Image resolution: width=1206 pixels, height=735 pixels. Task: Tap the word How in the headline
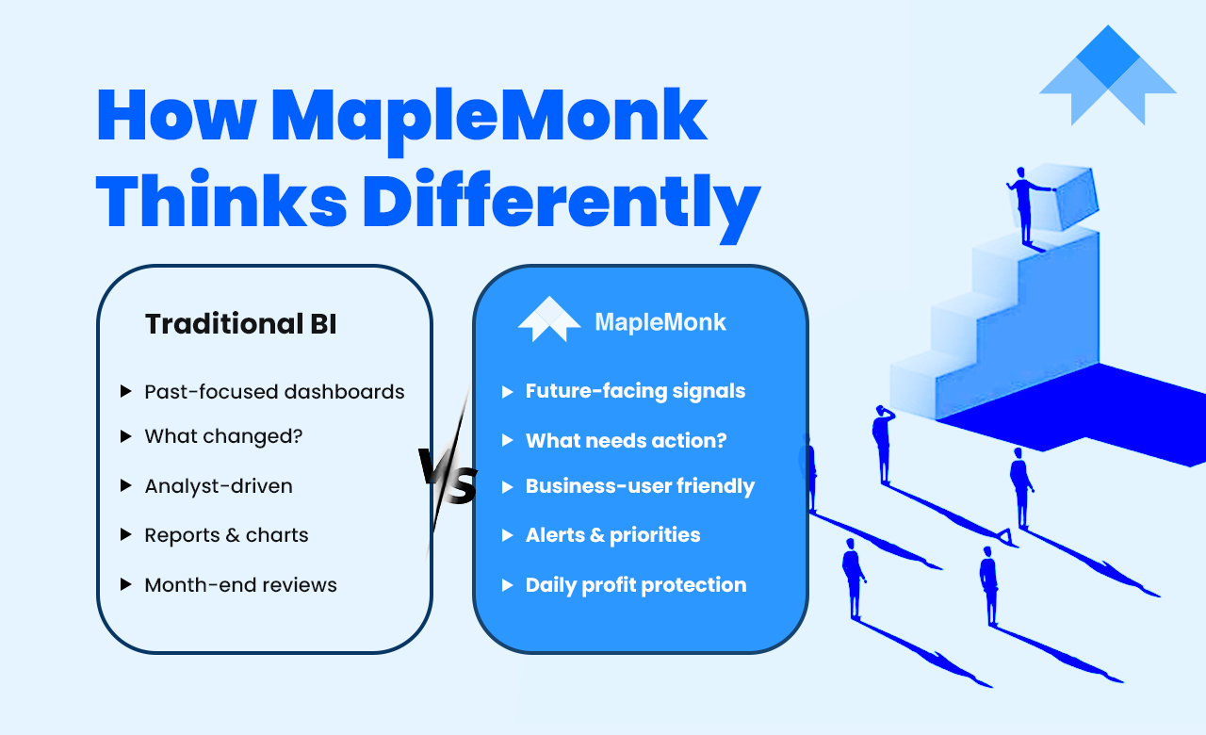point(176,116)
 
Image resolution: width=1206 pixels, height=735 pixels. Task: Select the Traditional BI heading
point(240,324)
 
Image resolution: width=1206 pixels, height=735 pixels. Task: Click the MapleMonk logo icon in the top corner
point(1108,74)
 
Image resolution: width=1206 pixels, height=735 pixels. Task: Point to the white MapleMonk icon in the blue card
point(549,319)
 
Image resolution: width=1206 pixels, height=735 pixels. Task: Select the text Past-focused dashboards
point(274,392)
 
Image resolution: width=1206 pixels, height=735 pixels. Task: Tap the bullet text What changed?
point(223,436)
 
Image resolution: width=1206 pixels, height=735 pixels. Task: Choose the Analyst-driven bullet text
point(219,486)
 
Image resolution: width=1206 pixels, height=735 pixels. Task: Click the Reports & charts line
point(227,535)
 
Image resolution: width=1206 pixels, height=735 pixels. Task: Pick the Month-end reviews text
point(240,585)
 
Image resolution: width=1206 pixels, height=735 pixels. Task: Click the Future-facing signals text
point(635,391)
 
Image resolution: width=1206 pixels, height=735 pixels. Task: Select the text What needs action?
point(627,441)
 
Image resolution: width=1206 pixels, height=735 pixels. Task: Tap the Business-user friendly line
point(640,486)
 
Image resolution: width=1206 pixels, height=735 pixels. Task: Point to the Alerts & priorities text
point(612,535)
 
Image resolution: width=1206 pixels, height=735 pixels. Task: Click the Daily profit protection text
point(636,585)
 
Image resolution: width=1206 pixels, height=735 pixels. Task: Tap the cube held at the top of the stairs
point(1068,197)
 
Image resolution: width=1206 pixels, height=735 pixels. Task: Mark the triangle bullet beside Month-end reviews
point(126,585)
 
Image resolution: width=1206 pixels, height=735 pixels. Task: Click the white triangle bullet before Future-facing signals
point(507,392)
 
